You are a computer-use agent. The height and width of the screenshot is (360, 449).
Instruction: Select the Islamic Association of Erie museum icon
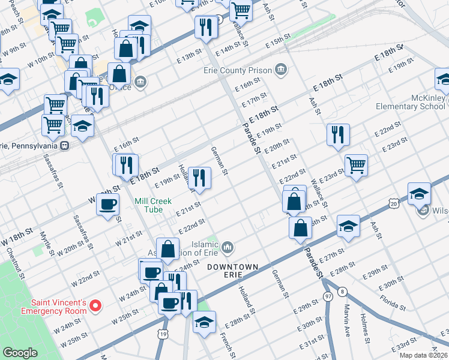228,246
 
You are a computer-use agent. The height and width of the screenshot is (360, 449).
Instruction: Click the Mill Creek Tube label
158,205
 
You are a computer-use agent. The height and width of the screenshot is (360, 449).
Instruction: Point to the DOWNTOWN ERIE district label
233,270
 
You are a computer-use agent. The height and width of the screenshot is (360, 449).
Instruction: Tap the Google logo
20,353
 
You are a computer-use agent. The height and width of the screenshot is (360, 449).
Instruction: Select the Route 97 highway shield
328,296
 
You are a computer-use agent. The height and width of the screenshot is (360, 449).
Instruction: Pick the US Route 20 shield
394,204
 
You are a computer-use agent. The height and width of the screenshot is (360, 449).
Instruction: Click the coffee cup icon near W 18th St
107,204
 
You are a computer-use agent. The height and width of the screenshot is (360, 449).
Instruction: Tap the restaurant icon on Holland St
199,177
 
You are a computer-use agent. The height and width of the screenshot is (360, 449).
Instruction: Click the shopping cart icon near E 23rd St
356,164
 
